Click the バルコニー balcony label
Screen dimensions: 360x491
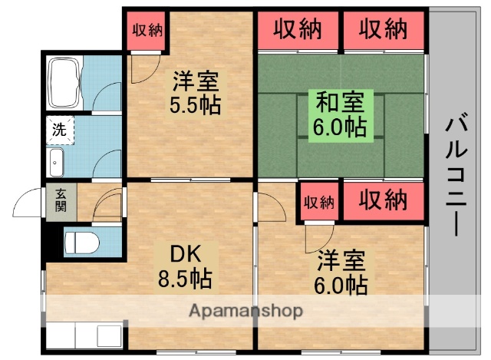tap(458, 175)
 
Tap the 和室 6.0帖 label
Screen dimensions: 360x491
tap(338, 113)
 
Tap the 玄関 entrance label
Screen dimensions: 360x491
tap(61, 200)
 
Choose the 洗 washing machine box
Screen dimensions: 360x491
tap(59, 130)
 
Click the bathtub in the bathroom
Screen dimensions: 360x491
tap(64, 82)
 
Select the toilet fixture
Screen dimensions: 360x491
tap(80, 242)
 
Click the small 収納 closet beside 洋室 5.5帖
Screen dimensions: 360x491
tap(146, 31)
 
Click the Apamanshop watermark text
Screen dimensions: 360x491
tap(245, 311)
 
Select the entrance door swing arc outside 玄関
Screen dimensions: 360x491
tap(29, 203)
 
